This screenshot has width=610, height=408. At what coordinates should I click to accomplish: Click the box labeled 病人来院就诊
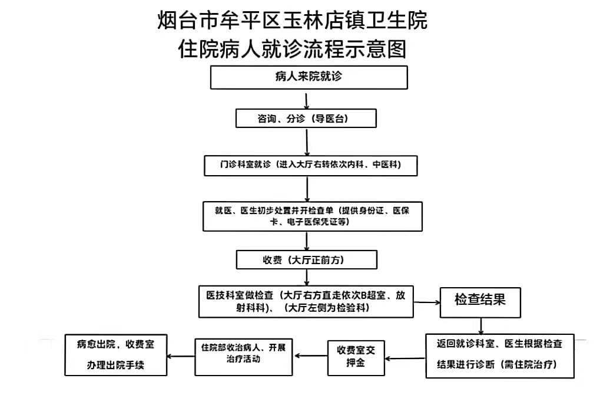[309, 77]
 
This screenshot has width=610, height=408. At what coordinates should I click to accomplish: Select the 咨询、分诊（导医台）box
[306, 118]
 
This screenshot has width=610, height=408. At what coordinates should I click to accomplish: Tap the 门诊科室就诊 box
[310, 166]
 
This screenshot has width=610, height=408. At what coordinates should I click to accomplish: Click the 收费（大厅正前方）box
[307, 259]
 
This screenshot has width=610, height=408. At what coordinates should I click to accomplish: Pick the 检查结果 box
[480, 302]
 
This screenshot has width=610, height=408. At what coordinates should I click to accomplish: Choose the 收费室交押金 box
[356, 358]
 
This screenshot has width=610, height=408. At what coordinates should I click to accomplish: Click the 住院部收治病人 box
[244, 357]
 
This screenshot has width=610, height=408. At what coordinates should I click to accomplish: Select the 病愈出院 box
[115, 355]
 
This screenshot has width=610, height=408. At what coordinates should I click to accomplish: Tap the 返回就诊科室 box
[500, 356]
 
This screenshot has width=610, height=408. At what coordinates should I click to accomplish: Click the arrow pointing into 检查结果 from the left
[427, 302]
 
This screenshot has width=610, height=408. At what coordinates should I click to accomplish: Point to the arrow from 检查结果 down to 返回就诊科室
[481, 326]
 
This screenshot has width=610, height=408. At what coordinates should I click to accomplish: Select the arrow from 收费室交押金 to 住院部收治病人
[311, 356]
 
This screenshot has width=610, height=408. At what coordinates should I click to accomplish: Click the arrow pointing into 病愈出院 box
[181, 356]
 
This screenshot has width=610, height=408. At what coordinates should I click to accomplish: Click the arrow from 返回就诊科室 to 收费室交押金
[405, 358]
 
